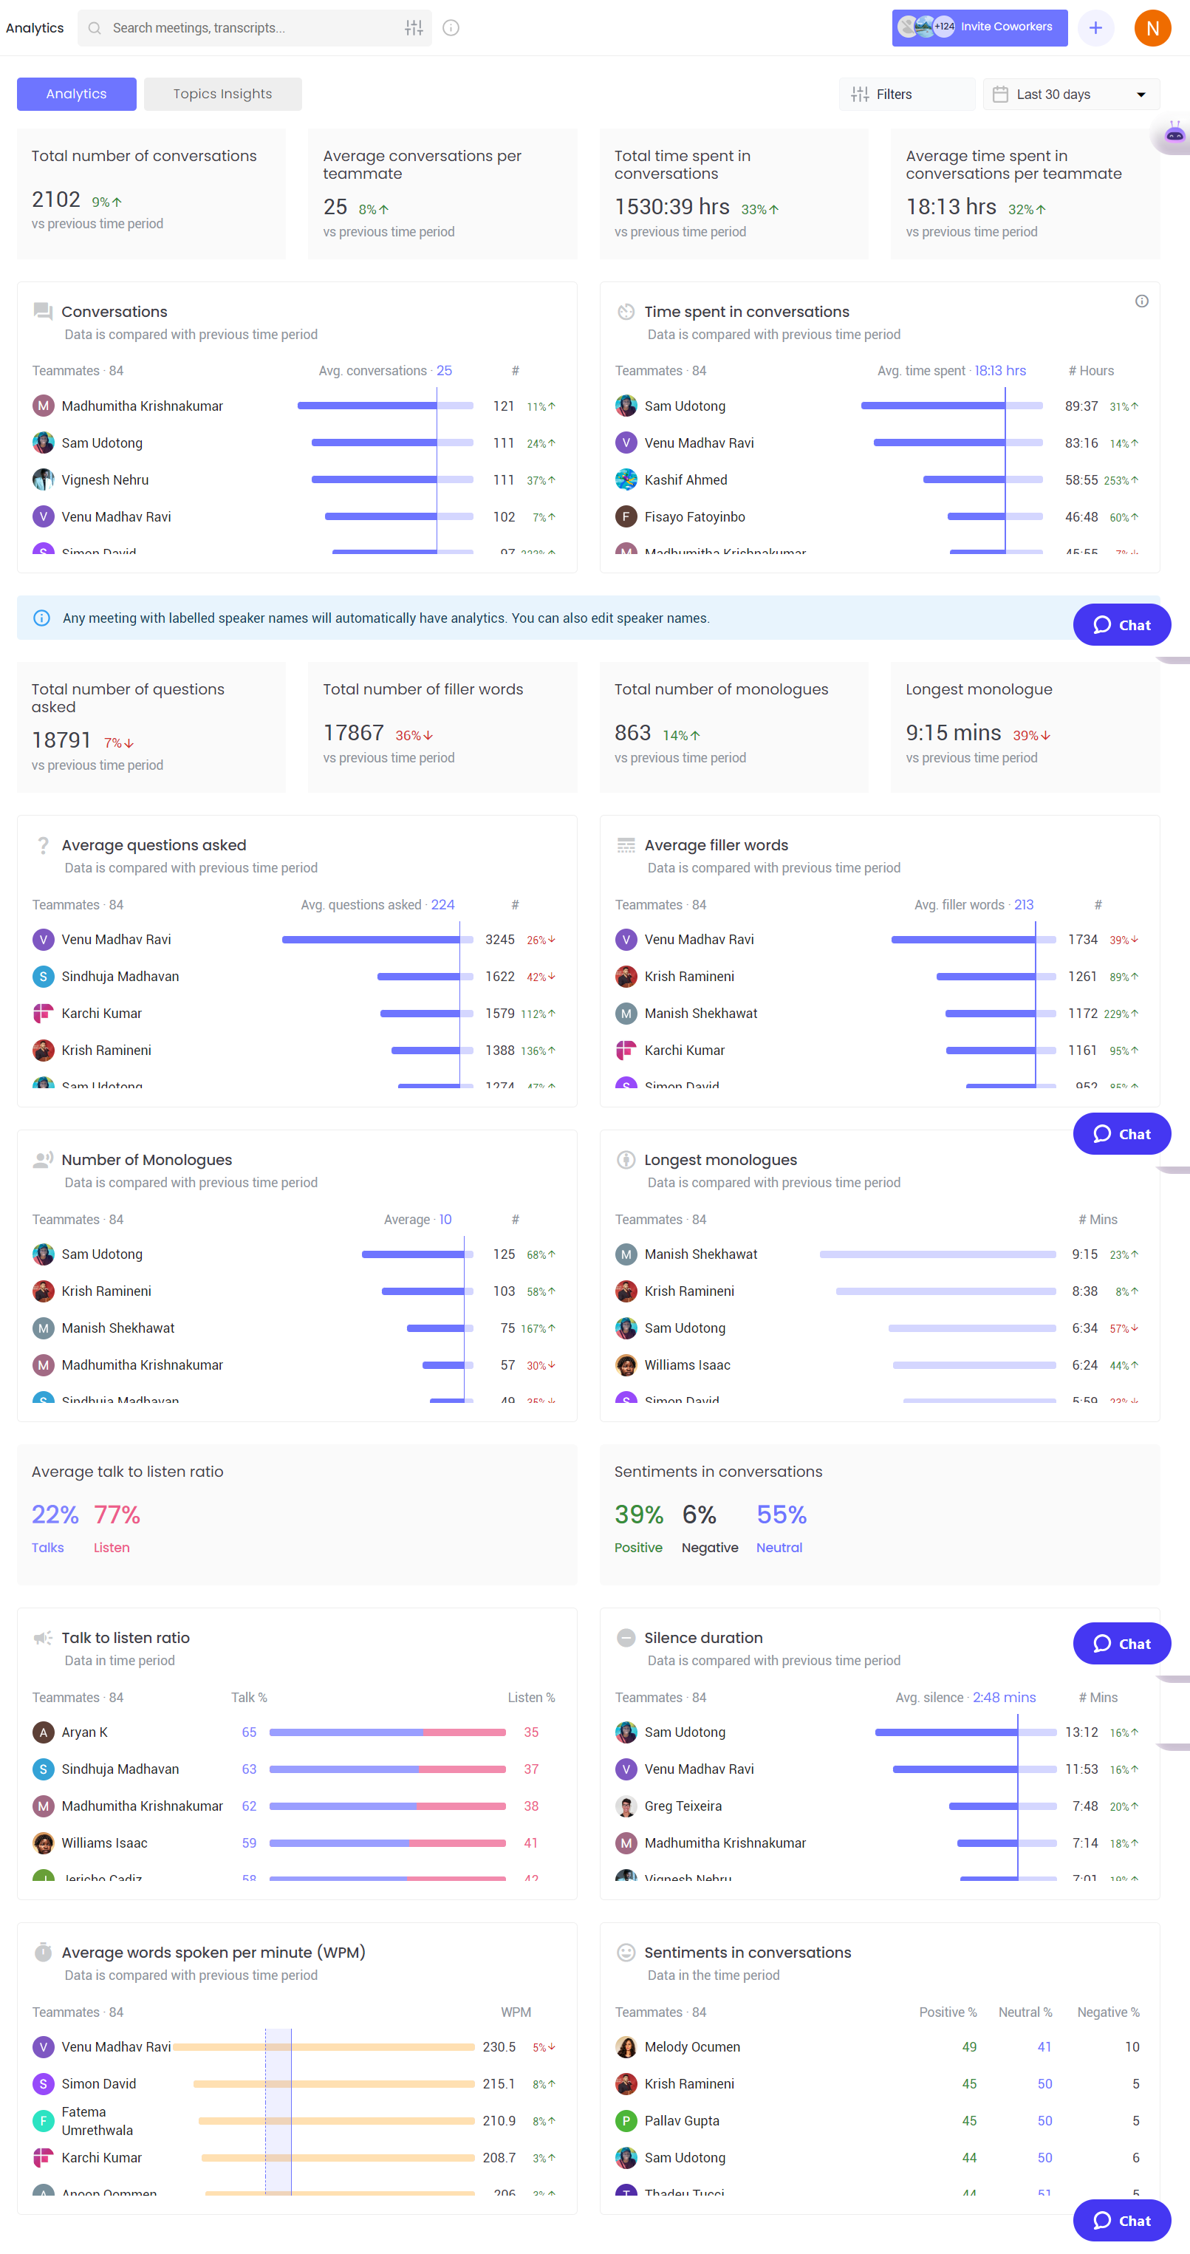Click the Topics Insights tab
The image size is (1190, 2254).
[222, 94]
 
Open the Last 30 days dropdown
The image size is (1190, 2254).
[1071, 95]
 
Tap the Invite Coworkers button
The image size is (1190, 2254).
[980, 27]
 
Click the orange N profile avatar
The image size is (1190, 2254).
[1152, 28]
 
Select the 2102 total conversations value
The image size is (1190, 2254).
[56, 200]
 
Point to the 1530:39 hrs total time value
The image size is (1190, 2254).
[671, 208]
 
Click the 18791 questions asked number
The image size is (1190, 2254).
[61, 741]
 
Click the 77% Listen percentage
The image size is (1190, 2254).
[117, 1514]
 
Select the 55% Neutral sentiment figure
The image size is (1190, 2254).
[782, 1514]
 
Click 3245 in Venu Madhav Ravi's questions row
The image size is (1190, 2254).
[499, 940]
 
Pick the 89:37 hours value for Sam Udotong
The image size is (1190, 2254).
[1081, 406]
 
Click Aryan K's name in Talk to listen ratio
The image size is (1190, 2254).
[85, 1732]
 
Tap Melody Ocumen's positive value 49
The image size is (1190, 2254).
[968, 2047]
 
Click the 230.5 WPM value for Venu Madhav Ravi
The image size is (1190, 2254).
[499, 2047]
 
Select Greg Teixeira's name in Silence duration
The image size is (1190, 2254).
[683, 1806]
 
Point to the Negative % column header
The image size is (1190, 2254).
[1108, 2012]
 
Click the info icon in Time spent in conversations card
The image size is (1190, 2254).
[1141, 301]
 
